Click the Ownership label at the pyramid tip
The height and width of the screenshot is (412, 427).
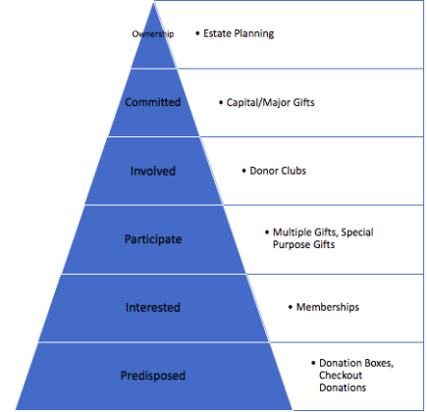click(153, 34)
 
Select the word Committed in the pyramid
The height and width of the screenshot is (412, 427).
click(153, 102)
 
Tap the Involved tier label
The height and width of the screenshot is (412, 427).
click(153, 171)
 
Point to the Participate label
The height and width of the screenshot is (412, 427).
click(153, 239)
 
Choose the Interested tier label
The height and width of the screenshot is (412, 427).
click(153, 307)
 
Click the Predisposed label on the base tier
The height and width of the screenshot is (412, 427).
click(153, 376)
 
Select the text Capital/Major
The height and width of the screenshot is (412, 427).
click(258, 103)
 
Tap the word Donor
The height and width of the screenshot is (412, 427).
click(262, 171)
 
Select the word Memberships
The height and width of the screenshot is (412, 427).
click(328, 307)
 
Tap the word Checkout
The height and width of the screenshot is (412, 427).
click(341, 375)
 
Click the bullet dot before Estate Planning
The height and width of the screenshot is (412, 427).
click(197, 33)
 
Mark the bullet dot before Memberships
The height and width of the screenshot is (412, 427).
click(291, 307)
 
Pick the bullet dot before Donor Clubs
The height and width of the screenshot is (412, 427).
click(243, 171)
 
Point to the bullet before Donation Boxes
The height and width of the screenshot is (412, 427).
click(313, 363)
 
